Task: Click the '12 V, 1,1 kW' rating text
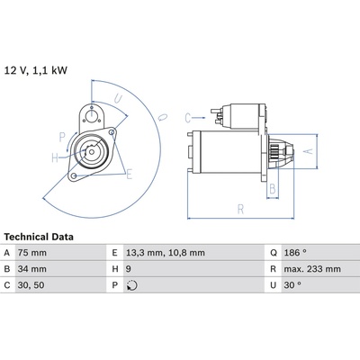[x=36, y=71]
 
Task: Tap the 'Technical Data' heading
[x=39, y=237]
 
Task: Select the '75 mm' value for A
[x=32, y=253]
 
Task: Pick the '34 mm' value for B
[x=32, y=269]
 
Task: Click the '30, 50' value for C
[x=31, y=285]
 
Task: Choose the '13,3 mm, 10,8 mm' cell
[x=166, y=253]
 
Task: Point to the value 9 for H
[x=129, y=269]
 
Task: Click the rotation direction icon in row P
[x=132, y=285]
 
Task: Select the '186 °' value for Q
[x=295, y=253]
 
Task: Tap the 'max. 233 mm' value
[x=312, y=269]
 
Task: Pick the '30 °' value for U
[x=292, y=285]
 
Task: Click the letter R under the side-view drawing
[x=240, y=209]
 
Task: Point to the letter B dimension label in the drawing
[x=273, y=189]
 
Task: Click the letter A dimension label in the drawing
[x=309, y=151]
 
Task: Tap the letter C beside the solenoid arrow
[x=188, y=118]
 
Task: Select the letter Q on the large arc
[x=163, y=117]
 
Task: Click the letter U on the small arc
[x=118, y=98]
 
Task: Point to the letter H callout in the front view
[x=55, y=157]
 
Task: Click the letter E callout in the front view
[x=129, y=174]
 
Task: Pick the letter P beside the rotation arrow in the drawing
[x=62, y=138]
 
